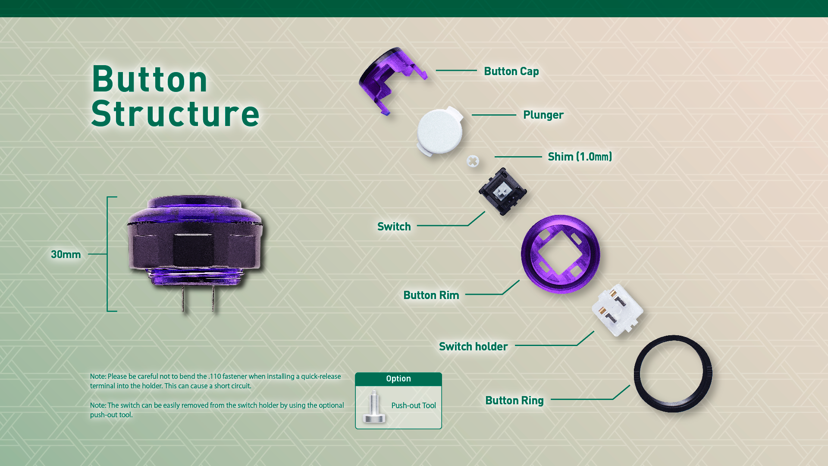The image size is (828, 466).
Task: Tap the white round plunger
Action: click(439, 131)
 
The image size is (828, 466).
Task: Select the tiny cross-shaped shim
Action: click(473, 161)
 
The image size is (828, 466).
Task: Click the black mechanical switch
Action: click(502, 191)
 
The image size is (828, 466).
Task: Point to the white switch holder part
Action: click(618, 310)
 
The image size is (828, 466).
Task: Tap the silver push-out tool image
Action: click(373, 406)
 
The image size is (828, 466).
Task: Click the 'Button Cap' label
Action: click(511, 71)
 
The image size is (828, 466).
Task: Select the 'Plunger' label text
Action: click(543, 115)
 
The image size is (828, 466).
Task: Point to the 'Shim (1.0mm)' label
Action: click(580, 157)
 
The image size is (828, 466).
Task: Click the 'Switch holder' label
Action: click(473, 346)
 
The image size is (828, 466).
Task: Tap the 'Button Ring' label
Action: click(514, 400)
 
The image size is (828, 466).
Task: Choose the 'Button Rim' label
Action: click(431, 295)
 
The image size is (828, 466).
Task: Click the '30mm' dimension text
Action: click(66, 255)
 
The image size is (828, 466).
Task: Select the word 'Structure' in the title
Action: click(176, 113)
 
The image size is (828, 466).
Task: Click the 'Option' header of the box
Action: click(398, 378)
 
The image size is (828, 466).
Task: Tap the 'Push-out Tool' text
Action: click(414, 406)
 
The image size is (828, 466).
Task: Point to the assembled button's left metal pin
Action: click(183, 298)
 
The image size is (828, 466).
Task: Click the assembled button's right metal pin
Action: click(213, 298)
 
